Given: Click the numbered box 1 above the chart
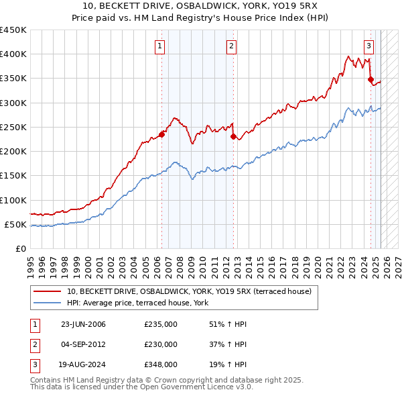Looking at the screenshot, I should [x=161, y=46].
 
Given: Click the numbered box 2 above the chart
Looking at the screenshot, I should [x=231, y=46].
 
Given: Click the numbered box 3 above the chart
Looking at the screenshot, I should [x=369, y=46].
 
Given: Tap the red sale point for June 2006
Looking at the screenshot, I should [x=161, y=134].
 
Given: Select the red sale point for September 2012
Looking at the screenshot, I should [x=233, y=136].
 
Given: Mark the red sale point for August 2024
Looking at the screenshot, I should [x=371, y=79].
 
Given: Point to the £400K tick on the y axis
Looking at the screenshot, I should [x=14, y=54].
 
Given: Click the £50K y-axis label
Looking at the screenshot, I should [x=16, y=224].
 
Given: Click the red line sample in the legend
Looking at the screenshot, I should [x=47, y=292].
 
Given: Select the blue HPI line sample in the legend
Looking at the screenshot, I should [x=47, y=303].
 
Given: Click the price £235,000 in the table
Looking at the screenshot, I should [x=161, y=324].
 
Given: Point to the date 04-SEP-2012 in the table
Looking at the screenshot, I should [x=83, y=344].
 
